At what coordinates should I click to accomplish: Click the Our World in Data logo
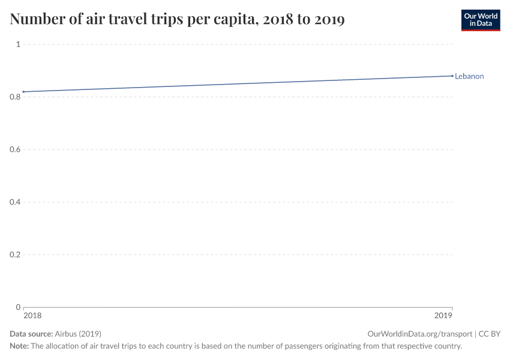coord(480,20)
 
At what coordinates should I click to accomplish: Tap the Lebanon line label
coord(469,76)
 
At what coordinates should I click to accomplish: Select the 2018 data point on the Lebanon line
coord(23,92)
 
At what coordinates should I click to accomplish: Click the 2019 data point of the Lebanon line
coord(452,76)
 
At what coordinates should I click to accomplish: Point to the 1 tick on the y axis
coord(18,44)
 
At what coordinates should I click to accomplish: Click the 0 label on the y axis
coord(18,307)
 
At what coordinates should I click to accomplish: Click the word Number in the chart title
coord(38,20)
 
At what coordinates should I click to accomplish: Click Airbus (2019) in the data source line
coord(77,334)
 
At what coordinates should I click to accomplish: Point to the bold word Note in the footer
coord(19,346)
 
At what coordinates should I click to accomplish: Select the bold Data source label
coord(31,334)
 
